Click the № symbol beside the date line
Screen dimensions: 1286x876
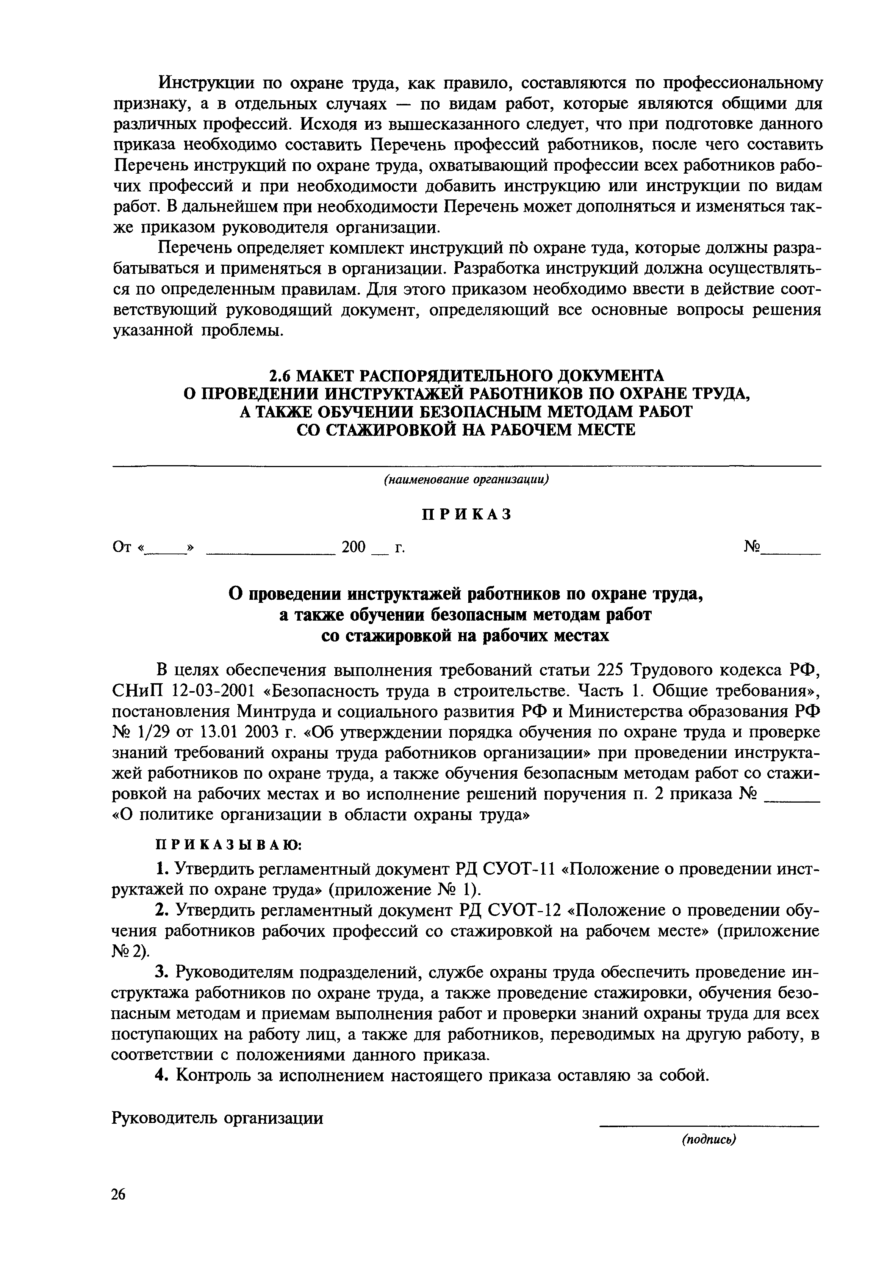click(752, 547)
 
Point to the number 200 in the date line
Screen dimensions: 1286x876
click(354, 547)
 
